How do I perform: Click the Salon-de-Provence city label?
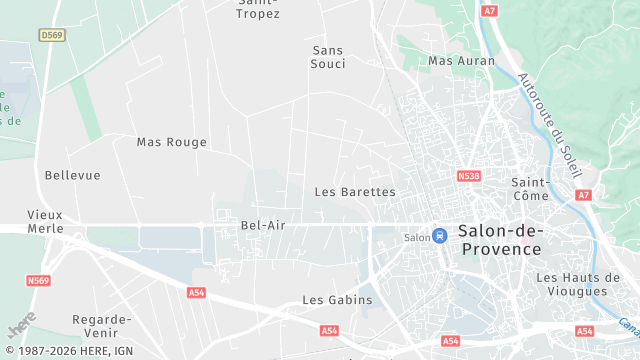point(499,239)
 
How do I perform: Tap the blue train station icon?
point(439,236)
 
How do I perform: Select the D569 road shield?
point(51,35)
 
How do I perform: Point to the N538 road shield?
point(469,175)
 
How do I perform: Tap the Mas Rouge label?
point(172,142)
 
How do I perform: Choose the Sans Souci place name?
point(329,56)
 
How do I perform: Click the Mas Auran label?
point(461,61)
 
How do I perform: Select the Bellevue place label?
point(73,175)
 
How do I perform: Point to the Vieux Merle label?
point(45,221)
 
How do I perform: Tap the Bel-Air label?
point(263,225)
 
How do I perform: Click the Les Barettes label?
point(355,191)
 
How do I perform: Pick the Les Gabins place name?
point(337,299)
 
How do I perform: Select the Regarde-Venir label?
point(102,326)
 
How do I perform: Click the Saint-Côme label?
point(530,189)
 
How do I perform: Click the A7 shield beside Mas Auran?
point(489,10)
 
